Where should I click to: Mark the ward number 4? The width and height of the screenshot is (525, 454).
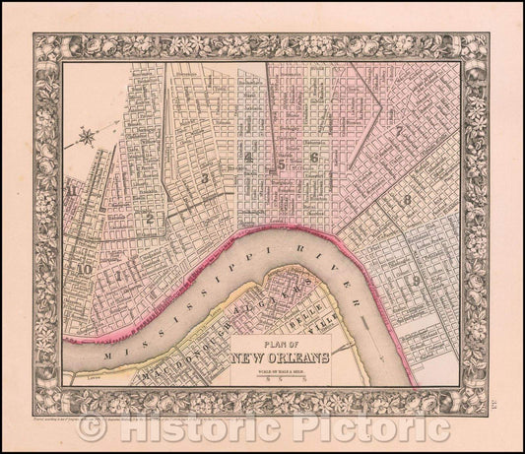coord(252,158)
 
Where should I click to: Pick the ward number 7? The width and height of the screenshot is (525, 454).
coord(396,132)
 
